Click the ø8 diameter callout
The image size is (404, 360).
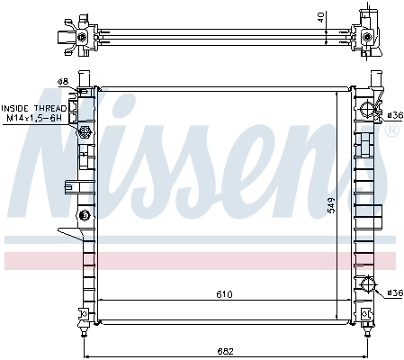[63, 82]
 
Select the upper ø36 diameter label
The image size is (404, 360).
[393, 115]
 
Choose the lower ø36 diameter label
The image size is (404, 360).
[393, 292]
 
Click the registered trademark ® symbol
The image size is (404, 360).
[391, 130]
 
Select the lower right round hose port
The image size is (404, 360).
[368, 286]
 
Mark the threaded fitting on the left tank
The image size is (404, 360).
[85, 132]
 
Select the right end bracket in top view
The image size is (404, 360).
[369, 34]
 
